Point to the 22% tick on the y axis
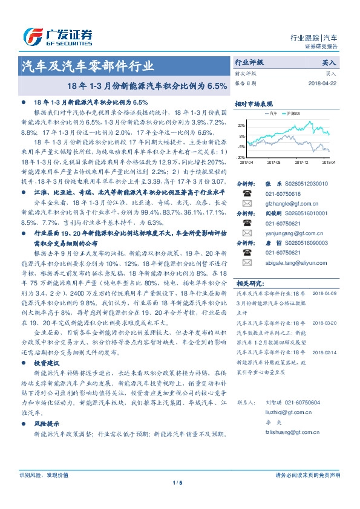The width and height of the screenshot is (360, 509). tap(241, 125)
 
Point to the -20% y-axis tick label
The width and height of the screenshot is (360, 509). tap(241, 157)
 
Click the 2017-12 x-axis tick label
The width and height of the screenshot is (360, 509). tap(301, 162)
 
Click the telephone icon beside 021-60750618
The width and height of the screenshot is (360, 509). tap(247, 193)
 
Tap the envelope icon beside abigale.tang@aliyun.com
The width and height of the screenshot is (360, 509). tap(247, 263)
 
